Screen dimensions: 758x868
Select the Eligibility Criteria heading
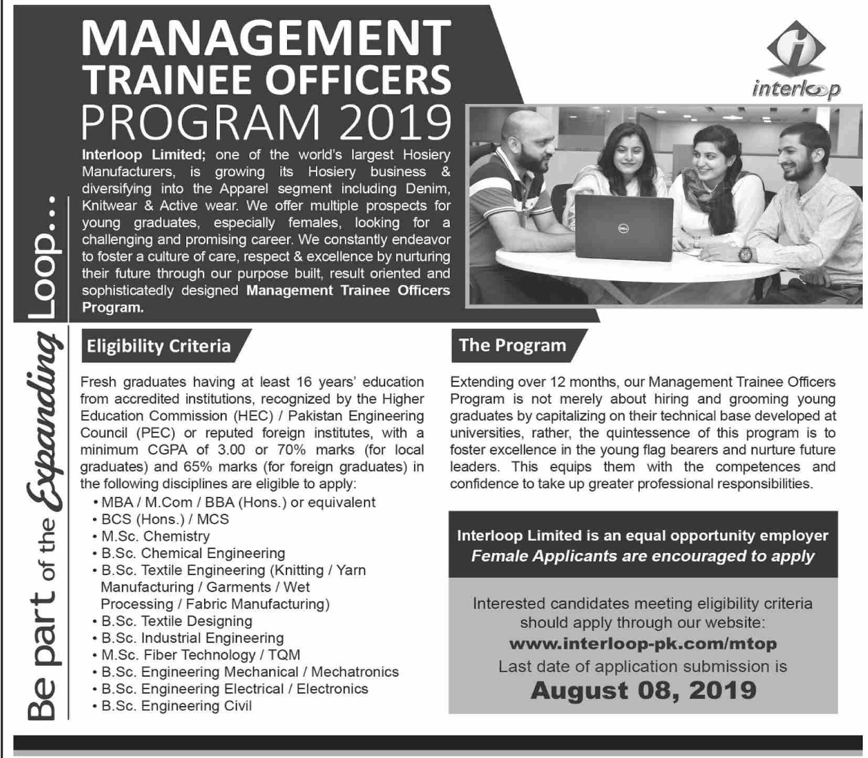(158, 346)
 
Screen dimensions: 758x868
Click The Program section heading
(512, 345)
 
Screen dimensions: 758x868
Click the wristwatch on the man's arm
(744, 254)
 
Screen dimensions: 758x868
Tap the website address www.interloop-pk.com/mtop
(643, 643)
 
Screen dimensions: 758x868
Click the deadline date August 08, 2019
(643, 690)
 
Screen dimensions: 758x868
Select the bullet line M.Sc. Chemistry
(155, 536)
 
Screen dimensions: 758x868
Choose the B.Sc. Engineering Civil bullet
(176, 706)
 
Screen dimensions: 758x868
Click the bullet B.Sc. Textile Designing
(177, 621)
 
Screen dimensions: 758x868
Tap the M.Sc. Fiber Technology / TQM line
(200, 655)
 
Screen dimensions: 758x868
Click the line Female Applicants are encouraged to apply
(643, 557)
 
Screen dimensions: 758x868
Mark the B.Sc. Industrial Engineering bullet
(193, 638)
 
